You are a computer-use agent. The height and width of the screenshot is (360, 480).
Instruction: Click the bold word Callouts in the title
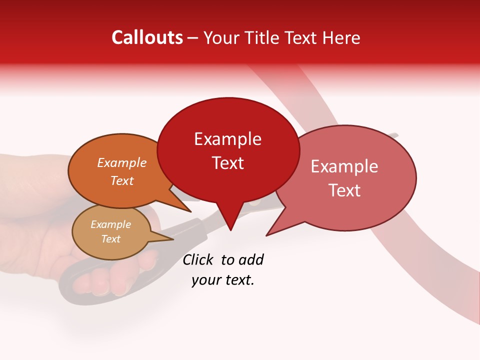pyautogui.click(x=147, y=37)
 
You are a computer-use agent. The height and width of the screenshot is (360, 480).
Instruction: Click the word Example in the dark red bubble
pyautogui.click(x=228, y=139)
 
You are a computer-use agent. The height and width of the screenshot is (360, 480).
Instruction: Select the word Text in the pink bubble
pyautogui.click(x=344, y=190)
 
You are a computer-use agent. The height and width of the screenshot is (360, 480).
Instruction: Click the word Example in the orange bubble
pyautogui.click(x=122, y=163)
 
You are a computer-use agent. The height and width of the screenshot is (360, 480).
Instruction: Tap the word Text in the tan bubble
pyautogui.click(x=111, y=239)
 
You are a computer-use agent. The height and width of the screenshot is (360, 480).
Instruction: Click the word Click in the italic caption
pyautogui.click(x=197, y=260)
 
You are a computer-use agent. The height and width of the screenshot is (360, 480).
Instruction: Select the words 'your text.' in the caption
pyautogui.click(x=223, y=280)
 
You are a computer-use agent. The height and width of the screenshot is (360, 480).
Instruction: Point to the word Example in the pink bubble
pyautogui.click(x=344, y=166)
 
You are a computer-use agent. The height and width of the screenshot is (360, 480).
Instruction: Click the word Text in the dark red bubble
pyautogui.click(x=228, y=163)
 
